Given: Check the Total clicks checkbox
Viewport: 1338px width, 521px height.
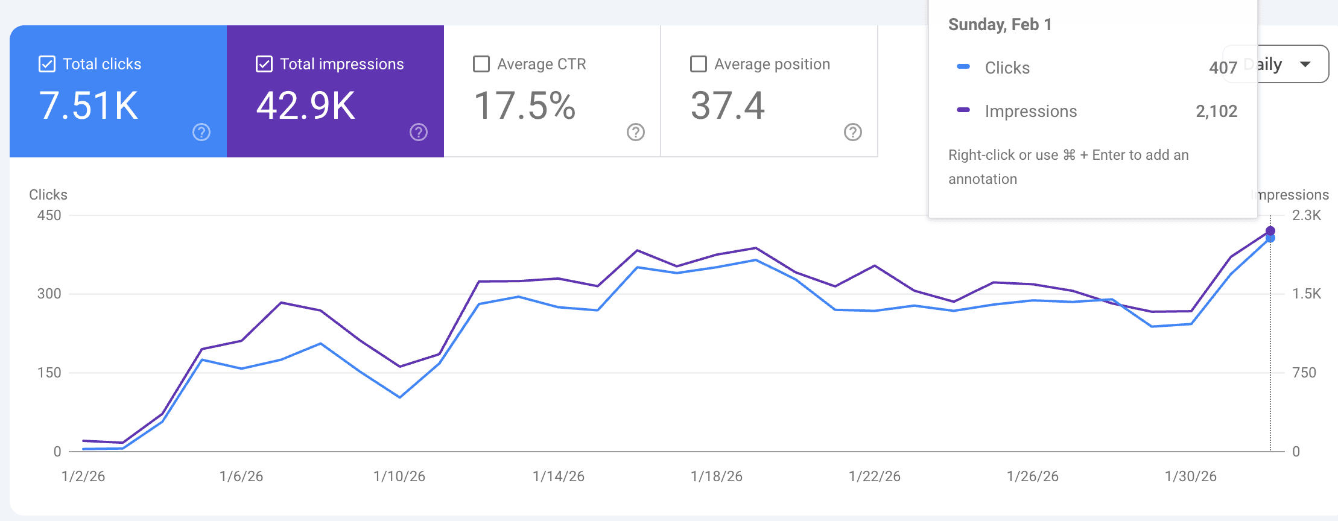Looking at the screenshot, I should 47,64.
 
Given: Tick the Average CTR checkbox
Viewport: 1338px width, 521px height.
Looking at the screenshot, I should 481,64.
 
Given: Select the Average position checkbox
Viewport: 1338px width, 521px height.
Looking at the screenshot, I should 699,64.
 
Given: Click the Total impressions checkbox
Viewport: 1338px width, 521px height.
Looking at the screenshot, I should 264,64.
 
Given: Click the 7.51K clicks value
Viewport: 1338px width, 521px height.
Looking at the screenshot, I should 89,106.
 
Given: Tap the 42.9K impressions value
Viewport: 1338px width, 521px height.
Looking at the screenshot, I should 306,106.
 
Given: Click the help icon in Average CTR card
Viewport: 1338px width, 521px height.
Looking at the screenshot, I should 636,132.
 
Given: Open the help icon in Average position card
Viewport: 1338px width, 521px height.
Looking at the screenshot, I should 853,132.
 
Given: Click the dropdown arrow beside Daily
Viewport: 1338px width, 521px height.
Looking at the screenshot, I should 1305,64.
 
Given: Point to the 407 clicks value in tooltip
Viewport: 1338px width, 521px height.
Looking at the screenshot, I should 1223,68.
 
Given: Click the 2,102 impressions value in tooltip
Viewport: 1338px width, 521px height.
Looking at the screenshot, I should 1216,111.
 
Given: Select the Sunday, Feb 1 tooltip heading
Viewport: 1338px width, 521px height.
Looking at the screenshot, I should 1000,25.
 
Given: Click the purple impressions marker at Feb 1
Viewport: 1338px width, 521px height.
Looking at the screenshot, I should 1270,230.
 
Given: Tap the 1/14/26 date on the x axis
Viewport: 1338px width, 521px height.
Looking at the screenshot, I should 559,476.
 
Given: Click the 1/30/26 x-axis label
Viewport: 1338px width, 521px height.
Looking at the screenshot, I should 1191,476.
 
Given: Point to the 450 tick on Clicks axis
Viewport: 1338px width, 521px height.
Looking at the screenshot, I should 49,215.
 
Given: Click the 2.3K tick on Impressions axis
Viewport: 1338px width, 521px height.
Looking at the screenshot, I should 1307,215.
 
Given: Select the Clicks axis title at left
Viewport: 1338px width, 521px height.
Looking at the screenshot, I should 48,195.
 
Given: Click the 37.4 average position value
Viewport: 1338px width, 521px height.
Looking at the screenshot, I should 728,106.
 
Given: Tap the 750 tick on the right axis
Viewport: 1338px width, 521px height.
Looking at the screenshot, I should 1304,373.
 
